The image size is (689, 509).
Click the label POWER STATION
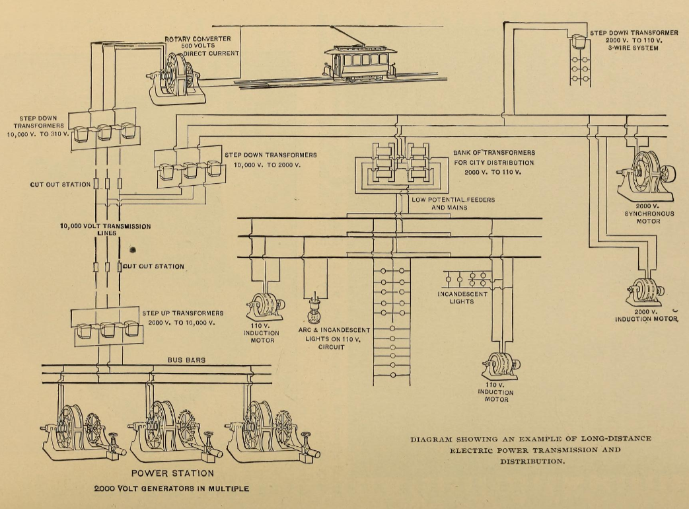(172, 473)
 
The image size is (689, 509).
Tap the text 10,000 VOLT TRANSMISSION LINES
(105, 229)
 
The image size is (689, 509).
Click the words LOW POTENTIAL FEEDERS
(453, 199)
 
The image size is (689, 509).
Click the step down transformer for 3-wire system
(579, 41)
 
